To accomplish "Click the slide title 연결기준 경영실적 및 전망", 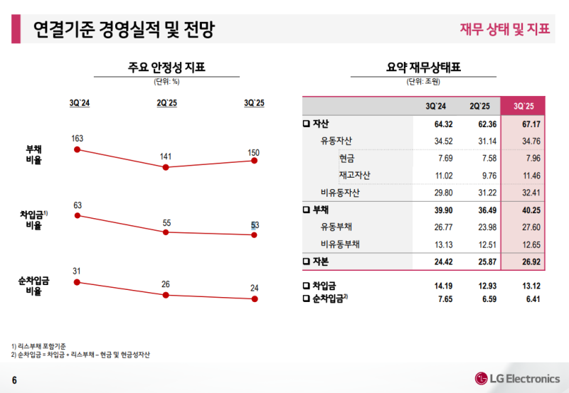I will click(x=124, y=30).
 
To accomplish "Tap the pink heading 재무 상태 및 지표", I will click(x=505, y=29).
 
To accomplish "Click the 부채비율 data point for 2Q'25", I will click(x=166, y=167).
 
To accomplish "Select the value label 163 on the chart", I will click(x=78, y=138).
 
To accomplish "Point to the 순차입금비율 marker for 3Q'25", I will click(x=254, y=299).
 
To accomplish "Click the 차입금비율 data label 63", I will click(x=78, y=205).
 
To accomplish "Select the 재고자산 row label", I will click(x=354, y=176).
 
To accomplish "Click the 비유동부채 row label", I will click(x=340, y=244).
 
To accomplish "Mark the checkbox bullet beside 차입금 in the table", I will click(x=307, y=286).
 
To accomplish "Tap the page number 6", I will click(x=14, y=378).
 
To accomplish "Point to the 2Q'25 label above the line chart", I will click(x=166, y=103).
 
